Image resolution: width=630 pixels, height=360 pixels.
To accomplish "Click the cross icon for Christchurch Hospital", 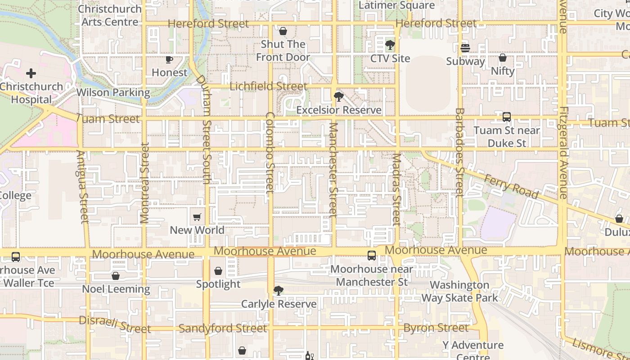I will pyautogui.click(x=31, y=73).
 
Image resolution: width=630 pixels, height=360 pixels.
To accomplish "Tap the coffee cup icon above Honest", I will pyautogui.click(x=169, y=59).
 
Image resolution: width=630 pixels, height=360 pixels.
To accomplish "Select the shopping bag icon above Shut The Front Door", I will pyautogui.click(x=283, y=31).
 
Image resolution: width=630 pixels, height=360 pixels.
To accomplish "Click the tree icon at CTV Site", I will pyautogui.click(x=390, y=45).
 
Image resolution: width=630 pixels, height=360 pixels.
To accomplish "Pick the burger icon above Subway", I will pyautogui.click(x=465, y=48).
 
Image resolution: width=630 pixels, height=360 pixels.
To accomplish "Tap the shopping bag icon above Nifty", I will pyautogui.click(x=503, y=58).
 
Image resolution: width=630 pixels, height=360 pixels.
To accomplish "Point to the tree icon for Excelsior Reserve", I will pyautogui.click(x=338, y=96).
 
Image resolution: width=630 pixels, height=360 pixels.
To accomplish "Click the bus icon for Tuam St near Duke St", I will pyautogui.click(x=507, y=117).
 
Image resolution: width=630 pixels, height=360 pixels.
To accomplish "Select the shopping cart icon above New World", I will pyautogui.click(x=197, y=217).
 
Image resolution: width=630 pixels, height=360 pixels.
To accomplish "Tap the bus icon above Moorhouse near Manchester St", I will pyautogui.click(x=372, y=256).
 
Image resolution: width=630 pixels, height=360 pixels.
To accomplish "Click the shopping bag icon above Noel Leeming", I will pyautogui.click(x=116, y=276).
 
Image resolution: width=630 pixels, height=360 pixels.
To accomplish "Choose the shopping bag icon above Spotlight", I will pyautogui.click(x=218, y=271).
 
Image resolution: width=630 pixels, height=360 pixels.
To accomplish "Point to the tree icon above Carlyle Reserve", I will pyautogui.click(x=279, y=291).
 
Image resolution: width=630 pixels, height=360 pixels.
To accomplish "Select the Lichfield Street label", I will pyautogui.click(x=268, y=86).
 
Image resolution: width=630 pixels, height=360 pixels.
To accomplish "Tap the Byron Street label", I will pyautogui.click(x=436, y=328).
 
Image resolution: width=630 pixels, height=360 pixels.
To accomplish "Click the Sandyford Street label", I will pyautogui.click(x=223, y=328).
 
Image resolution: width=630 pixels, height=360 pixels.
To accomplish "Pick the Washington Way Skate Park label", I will pyautogui.click(x=459, y=291).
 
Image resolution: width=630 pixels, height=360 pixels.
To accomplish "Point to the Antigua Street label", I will pyautogui.click(x=82, y=187).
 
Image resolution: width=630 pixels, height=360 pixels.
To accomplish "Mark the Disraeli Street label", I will pyautogui.click(x=115, y=324).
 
